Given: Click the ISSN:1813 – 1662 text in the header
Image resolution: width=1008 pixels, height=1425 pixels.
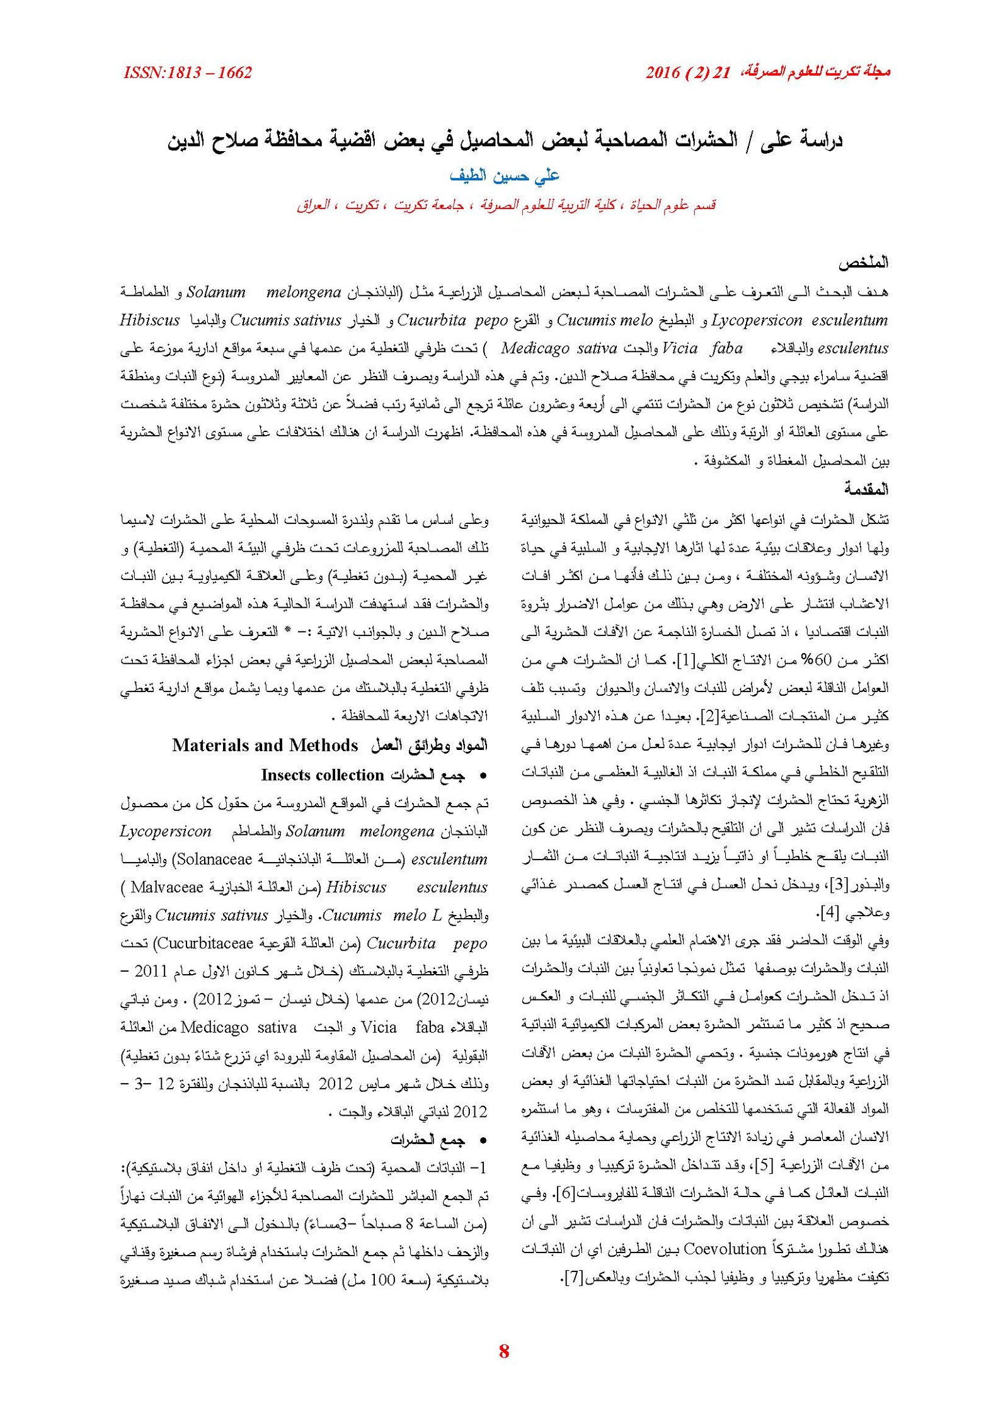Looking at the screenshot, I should (x=188, y=72).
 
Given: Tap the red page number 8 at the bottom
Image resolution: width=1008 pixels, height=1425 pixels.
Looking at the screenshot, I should (x=503, y=1351).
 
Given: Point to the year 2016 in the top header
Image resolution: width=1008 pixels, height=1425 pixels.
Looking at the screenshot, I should (x=662, y=72).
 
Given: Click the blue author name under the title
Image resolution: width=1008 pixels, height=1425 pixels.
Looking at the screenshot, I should (x=504, y=176).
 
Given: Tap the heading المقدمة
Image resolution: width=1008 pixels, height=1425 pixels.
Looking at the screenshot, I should (x=866, y=489).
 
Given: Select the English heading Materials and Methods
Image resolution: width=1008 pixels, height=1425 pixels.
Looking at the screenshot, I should (x=265, y=746).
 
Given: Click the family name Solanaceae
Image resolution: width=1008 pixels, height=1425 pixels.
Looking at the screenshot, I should (x=214, y=860).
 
